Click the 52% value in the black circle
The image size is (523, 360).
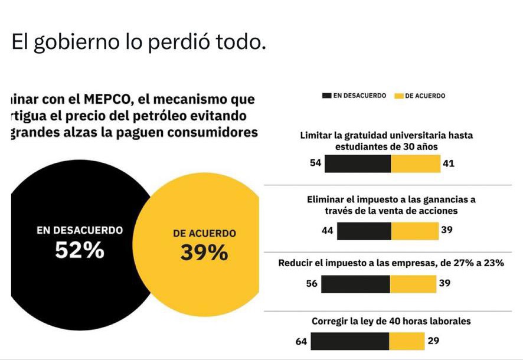coord(79,251)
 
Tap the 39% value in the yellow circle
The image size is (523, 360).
coord(204,253)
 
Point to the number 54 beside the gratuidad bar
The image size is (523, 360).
coord(316,163)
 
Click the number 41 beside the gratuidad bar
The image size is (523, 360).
coord(448,163)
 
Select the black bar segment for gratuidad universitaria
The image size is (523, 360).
coord(358,163)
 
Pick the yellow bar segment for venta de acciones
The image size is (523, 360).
coord(414,231)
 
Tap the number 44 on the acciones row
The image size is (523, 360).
coord(328,230)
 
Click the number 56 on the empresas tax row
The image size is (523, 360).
coord(312,284)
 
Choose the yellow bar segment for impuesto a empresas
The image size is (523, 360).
coord(413,284)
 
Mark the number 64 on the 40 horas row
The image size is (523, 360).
coord(301,341)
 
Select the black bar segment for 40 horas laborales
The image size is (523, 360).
coord(349,341)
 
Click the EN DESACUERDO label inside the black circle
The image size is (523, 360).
coord(79,230)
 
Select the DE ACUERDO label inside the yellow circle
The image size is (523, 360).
coord(204,233)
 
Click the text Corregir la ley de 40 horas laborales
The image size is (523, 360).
coord(391,322)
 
